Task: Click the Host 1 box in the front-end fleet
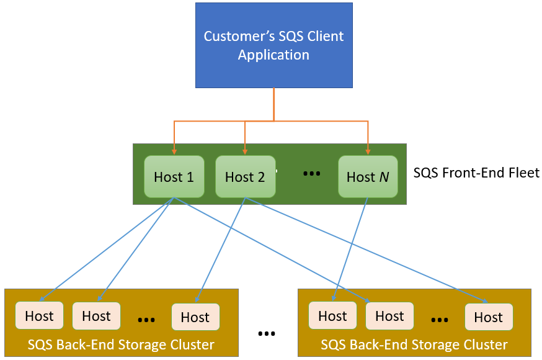tap(174, 177)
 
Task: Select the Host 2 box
tap(245, 177)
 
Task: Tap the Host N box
tap(368, 177)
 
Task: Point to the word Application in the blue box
tap(273, 55)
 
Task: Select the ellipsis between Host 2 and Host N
tap(311, 174)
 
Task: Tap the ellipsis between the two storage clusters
tap(267, 334)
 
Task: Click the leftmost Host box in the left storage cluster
tap(39, 316)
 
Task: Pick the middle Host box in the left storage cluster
tap(96, 316)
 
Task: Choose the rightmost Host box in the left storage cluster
tap(195, 317)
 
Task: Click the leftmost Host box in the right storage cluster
tap(332, 316)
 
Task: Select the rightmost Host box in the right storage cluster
tap(488, 317)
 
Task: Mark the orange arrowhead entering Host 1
tap(174, 151)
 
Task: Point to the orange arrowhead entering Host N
tap(368, 151)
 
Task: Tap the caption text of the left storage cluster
tap(121, 344)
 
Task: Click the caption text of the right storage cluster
tap(414, 344)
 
